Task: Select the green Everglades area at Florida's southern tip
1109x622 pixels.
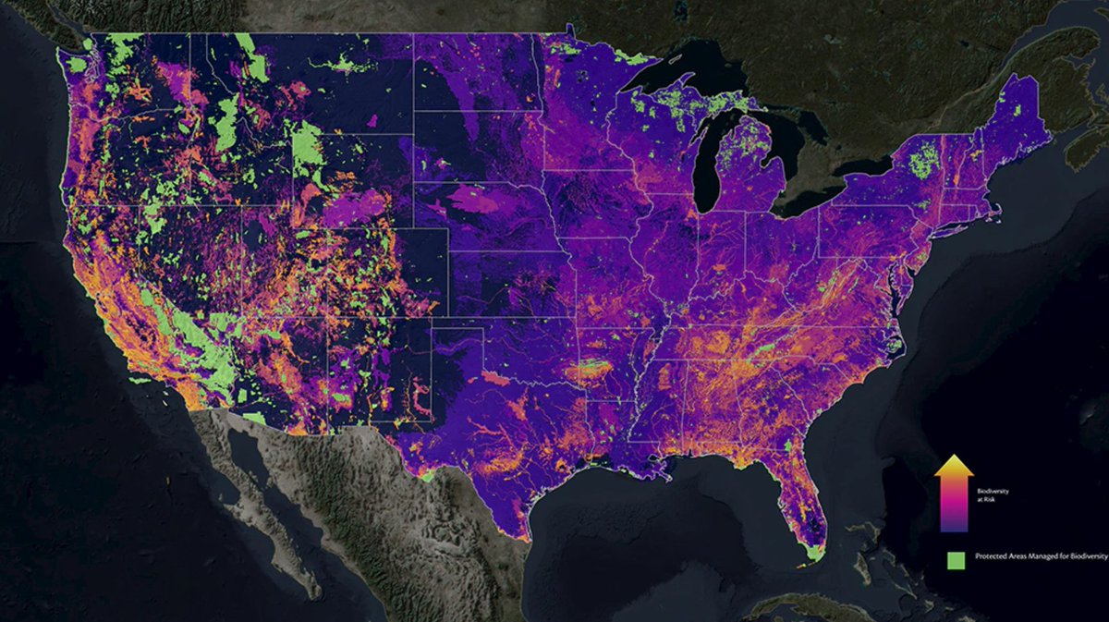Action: pyautogui.click(x=812, y=552)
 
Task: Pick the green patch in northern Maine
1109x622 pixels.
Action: pyautogui.click(x=1019, y=109)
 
